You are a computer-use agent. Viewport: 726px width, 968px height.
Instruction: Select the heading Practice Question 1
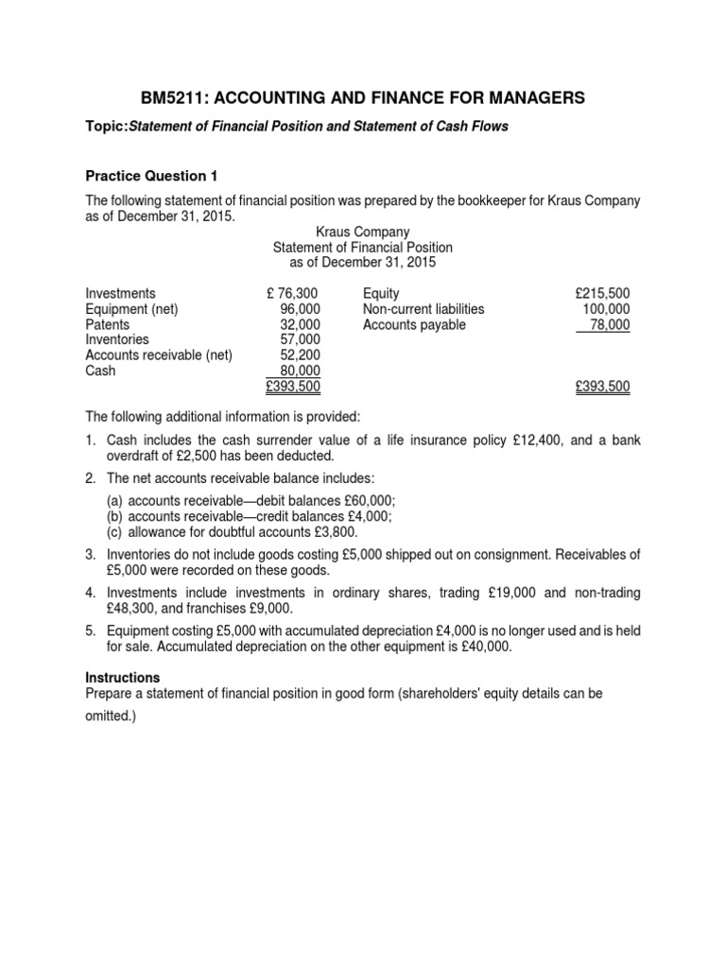[146, 176]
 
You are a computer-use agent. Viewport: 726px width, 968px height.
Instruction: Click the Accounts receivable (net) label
[159, 354]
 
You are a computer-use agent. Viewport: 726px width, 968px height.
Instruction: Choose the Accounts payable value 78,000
[608, 324]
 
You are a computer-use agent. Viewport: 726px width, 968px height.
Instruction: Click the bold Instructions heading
[123, 678]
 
